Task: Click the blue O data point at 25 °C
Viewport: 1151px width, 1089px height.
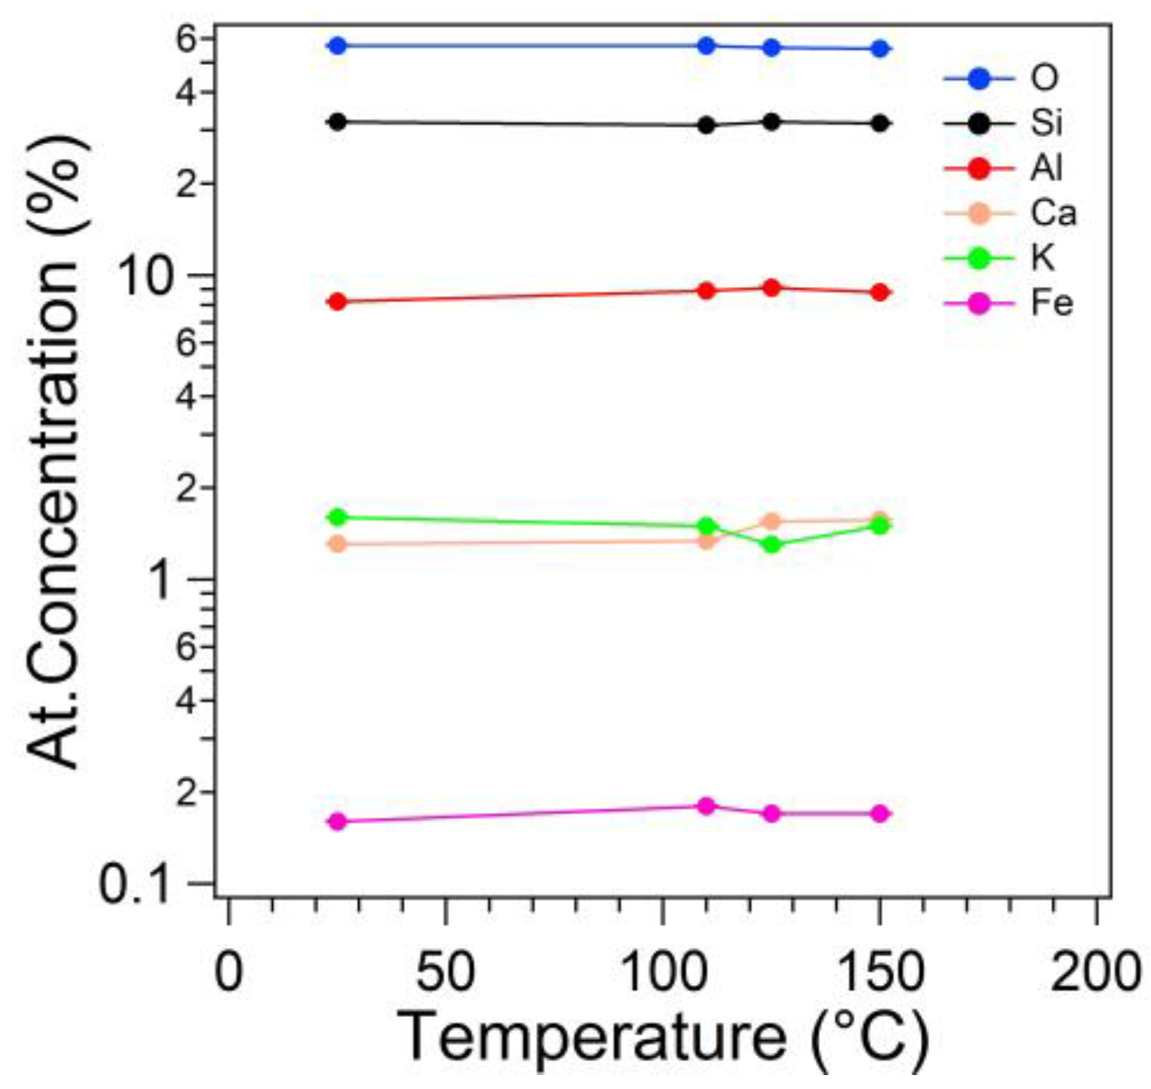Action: coord(337,46)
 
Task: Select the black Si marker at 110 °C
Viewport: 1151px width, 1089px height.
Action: coord(706,125)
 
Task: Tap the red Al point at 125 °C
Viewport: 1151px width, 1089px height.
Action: coord(771,288)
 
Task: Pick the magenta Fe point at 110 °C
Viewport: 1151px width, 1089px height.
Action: coord(706,805)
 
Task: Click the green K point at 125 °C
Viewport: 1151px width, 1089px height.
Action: coord(771,544)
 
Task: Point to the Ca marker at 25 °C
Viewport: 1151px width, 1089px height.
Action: coord(337,543)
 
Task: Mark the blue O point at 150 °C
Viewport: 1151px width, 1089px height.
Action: coord(880,48)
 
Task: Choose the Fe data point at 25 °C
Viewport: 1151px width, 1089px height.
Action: coord(337,821)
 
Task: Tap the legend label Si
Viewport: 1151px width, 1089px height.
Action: coord(1046,122)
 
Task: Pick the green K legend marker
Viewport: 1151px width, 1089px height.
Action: coord(980,257)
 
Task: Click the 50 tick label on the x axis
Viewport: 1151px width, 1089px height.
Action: coord(445,971)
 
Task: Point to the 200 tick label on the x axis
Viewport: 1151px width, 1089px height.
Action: coord(1095,971)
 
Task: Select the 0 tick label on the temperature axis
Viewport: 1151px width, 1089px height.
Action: coord(228,971)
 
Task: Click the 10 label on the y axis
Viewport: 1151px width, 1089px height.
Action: coord(144,276)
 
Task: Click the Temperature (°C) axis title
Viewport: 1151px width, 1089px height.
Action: coord(663,1037)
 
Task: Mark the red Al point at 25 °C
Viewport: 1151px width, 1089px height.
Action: coord(337,302)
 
